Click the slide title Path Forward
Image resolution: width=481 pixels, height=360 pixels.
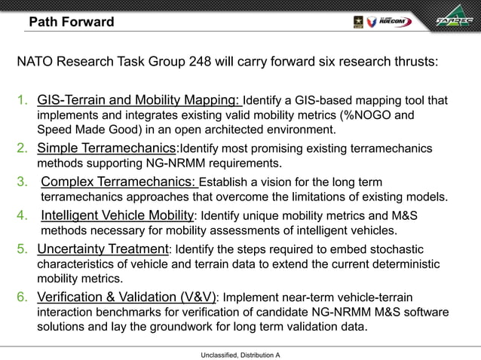(71, 22)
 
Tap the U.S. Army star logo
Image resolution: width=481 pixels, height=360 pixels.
(358, 22)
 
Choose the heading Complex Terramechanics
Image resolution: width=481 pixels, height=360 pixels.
(119, 181)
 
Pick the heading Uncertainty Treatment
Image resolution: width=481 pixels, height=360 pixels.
(103, 249)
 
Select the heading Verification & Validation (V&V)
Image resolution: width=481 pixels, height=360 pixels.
(126, 297)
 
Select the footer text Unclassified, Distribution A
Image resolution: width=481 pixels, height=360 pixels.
(240, 353)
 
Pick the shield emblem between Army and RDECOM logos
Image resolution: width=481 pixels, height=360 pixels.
(371, 22)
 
